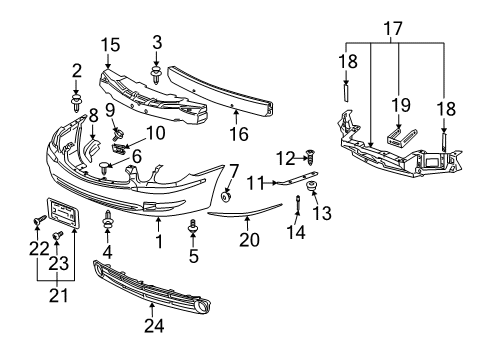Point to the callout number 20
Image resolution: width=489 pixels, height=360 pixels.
coord(248,240)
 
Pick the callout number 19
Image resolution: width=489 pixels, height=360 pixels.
coord(399,103)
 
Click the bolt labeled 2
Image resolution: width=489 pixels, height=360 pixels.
coord(77,101)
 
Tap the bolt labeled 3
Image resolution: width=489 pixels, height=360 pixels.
coord(157,72)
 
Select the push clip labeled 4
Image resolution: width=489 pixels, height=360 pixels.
coord(108,217)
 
